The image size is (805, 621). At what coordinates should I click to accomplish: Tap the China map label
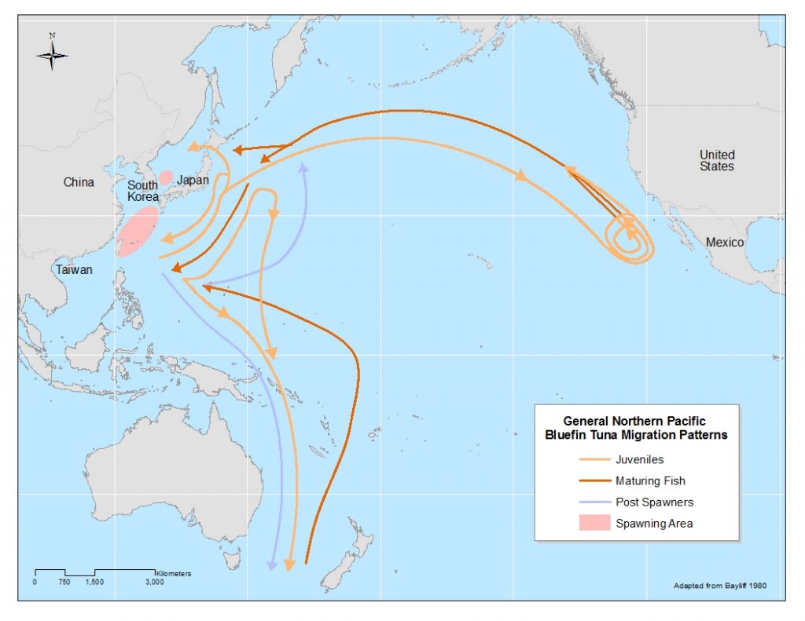click(x=79, y=182)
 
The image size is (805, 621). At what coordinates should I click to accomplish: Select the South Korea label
click(x=143, y=191)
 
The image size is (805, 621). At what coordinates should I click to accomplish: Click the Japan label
click(x=193, y=180)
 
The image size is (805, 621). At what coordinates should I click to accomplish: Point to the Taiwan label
click(x=73, y=270)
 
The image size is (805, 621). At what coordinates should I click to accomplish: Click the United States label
click(x=717, y=160)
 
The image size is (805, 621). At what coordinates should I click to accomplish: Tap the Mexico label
click(x=724, y=243)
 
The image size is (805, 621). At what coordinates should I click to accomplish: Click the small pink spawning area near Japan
click(x=166, y=177)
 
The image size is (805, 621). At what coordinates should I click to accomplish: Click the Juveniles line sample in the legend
click(x=593, y=460)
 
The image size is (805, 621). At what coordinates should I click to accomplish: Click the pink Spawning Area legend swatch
click(x=593, y=524)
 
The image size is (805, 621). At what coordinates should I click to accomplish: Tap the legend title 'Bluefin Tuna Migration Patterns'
click(x=637, y=435)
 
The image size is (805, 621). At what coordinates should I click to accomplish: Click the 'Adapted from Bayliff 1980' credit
click(x=724, y=586)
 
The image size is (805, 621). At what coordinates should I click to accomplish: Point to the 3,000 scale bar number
click(x=154, y=582)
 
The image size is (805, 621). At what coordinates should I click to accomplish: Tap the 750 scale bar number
click(x=64, y=582)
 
